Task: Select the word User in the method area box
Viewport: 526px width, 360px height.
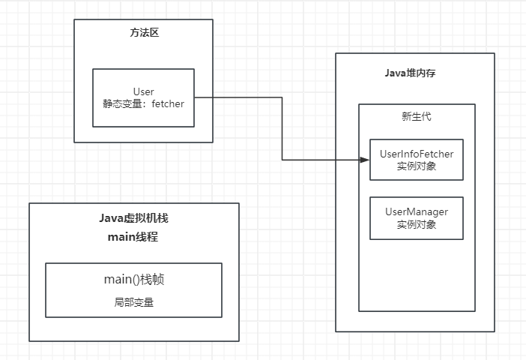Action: tap(143, 91)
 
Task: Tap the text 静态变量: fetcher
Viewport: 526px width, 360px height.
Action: tap(143, 104)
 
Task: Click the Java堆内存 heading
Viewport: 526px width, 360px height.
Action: tap(414, 73)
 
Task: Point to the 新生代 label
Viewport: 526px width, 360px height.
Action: tap(417, 116)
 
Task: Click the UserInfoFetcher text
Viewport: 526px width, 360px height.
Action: tap(417, 154)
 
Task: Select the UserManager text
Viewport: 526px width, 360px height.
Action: tap(417, 211)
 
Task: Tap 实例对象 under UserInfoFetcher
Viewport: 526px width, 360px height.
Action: tap(417, 166)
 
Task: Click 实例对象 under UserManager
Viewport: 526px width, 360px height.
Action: tap(417, 224)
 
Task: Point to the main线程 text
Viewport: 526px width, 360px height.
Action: tap(133, 237)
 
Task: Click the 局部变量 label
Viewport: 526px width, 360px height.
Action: tap(134, 302)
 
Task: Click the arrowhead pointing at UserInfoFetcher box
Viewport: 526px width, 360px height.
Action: tap(366, 159)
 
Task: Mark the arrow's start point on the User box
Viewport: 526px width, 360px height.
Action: tap(196, 97)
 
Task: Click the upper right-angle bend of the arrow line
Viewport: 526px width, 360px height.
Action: tap(282, 97)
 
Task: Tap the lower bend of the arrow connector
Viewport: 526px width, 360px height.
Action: tap(282, 159)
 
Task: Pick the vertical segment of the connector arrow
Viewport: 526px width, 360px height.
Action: tap(282, 128)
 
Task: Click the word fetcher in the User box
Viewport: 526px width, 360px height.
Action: tap(168, 104)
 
